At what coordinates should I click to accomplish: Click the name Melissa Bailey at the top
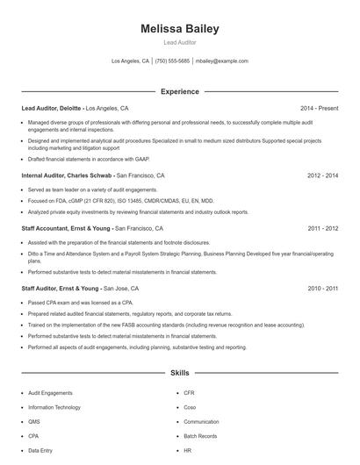(180, 29)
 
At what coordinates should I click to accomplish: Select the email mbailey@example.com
(221, 61)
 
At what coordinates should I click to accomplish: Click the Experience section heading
(180, 91)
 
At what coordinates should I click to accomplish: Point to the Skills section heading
(180, 373)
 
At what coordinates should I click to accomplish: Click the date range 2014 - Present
(319, 108)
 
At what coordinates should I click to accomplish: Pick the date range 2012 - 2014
(322, 175)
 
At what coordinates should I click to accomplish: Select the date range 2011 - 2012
(322, 227)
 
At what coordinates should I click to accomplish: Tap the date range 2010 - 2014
(322, 288)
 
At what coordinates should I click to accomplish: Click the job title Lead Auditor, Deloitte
(52, 108)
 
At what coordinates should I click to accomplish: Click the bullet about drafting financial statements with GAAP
(89, 159)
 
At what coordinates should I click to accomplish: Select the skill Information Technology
(54, 407)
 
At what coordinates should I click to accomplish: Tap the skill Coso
(190, 407)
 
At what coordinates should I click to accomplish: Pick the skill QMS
(33, 421)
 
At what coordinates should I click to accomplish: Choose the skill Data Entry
(40, 449)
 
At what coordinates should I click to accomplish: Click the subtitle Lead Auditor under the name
(180, 42)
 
